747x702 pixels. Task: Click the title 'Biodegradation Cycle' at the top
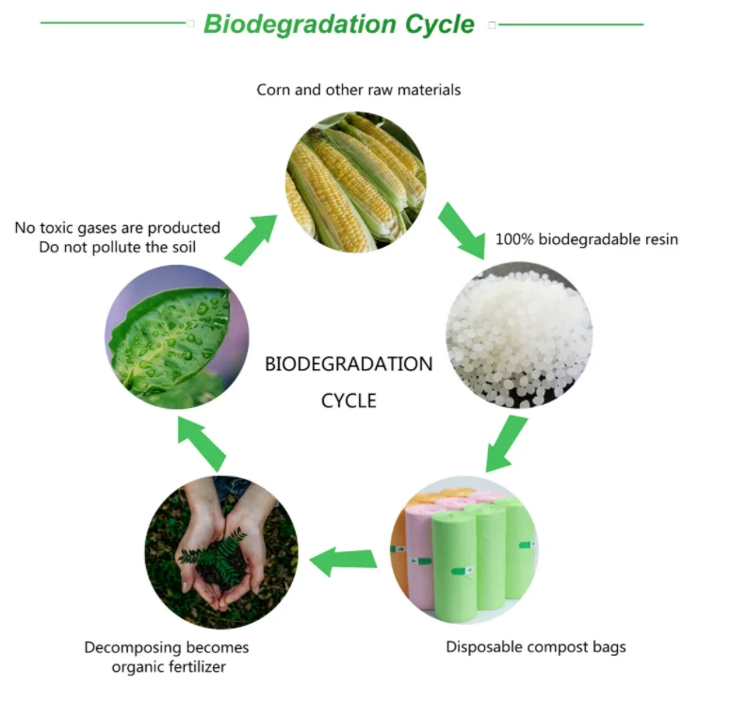pos(339,24)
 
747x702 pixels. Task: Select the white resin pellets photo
pos(518,335)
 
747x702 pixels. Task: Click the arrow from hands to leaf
pos(203,443)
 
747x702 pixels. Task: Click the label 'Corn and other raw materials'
pos(359,90)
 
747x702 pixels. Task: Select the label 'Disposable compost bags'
pos(536,647)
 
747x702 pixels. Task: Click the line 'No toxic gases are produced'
pos(118,228)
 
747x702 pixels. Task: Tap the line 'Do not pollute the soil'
pos(118,248)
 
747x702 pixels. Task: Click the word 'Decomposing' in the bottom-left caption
pos(129,647)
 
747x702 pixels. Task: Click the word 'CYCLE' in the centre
pos(349,400)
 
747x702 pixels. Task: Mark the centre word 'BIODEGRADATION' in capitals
pos(349,364)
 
